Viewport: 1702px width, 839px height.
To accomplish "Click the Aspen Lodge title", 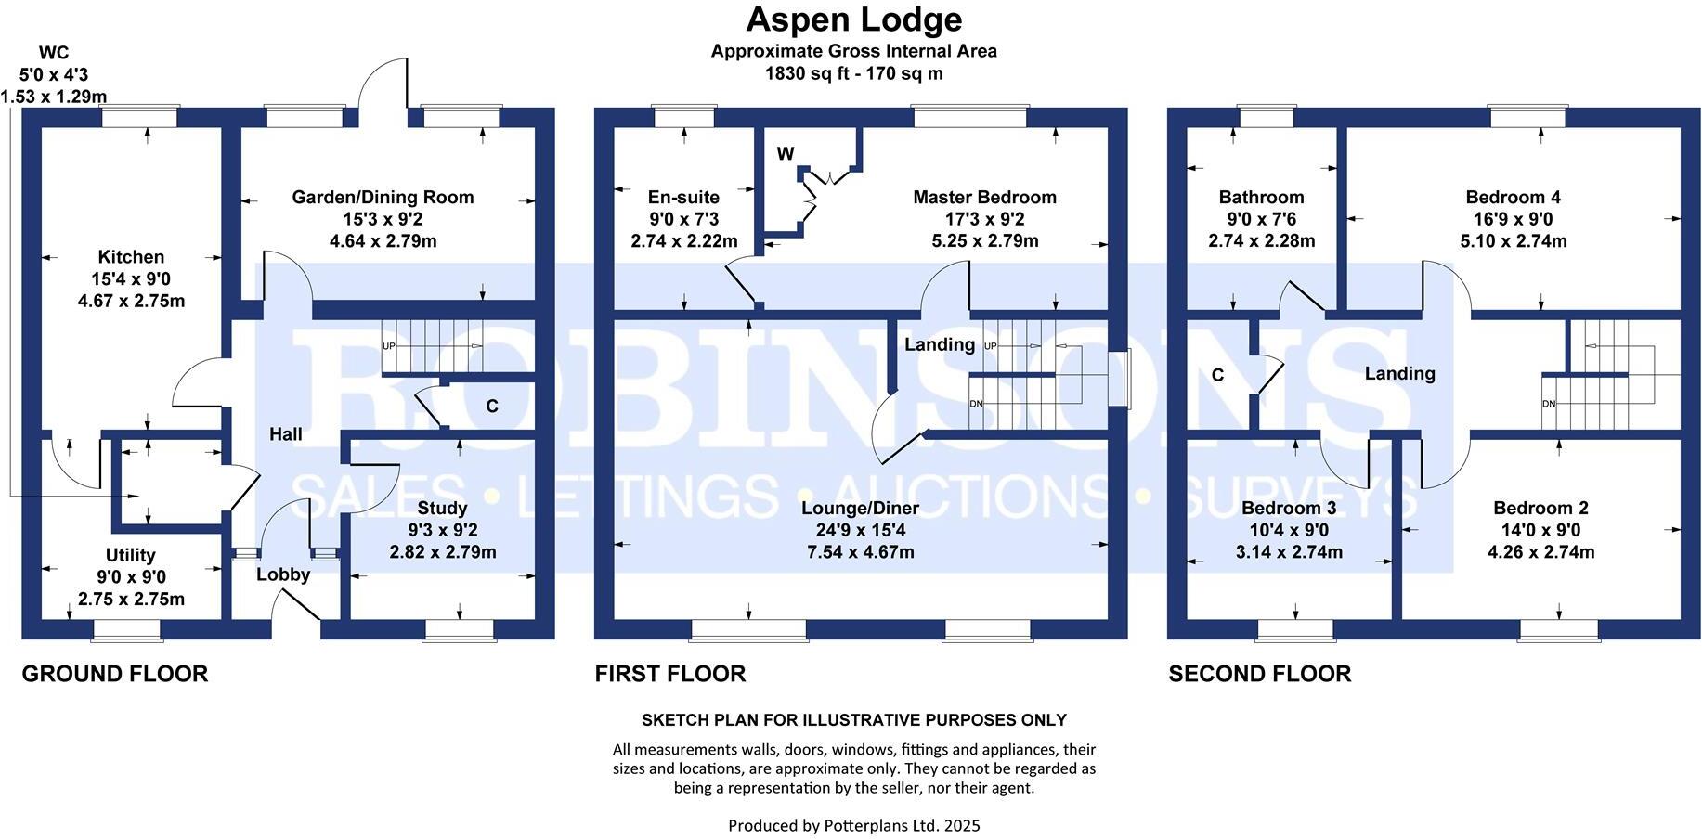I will pos(853,19).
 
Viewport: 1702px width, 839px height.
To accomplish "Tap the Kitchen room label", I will pos(131,257).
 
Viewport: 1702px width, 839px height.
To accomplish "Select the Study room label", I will pos(442,508).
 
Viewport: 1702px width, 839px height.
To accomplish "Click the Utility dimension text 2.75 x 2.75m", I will pos(131,599).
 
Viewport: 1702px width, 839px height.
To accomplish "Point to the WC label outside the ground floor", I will pos(54,53).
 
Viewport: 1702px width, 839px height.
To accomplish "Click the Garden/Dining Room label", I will pos(383,197).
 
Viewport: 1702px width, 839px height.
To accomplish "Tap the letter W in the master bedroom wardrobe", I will pos(786,154).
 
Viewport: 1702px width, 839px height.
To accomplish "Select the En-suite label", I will pos(683,197).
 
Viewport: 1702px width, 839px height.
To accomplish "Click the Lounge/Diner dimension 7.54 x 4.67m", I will pos(860,552).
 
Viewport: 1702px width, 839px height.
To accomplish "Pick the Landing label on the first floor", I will pos(940,344).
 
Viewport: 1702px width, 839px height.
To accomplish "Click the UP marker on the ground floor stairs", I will pos(389,346).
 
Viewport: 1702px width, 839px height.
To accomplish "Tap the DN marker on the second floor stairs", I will pos(1549,404).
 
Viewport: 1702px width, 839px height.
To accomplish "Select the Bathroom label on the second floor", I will pos(1261,197).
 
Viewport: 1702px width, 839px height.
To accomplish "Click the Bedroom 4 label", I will pos(1513,197).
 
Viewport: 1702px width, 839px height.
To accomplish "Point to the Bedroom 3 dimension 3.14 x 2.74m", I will pos(1288,552).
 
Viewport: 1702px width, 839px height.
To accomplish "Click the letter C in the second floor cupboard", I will pos(1217,375).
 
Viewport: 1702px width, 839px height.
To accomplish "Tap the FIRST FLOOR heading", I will pos(669,674).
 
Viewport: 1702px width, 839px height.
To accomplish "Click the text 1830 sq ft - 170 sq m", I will pos(853,73).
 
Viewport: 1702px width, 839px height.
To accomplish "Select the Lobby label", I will pos(283,574).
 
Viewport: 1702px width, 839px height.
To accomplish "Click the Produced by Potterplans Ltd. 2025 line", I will pos(853,825).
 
